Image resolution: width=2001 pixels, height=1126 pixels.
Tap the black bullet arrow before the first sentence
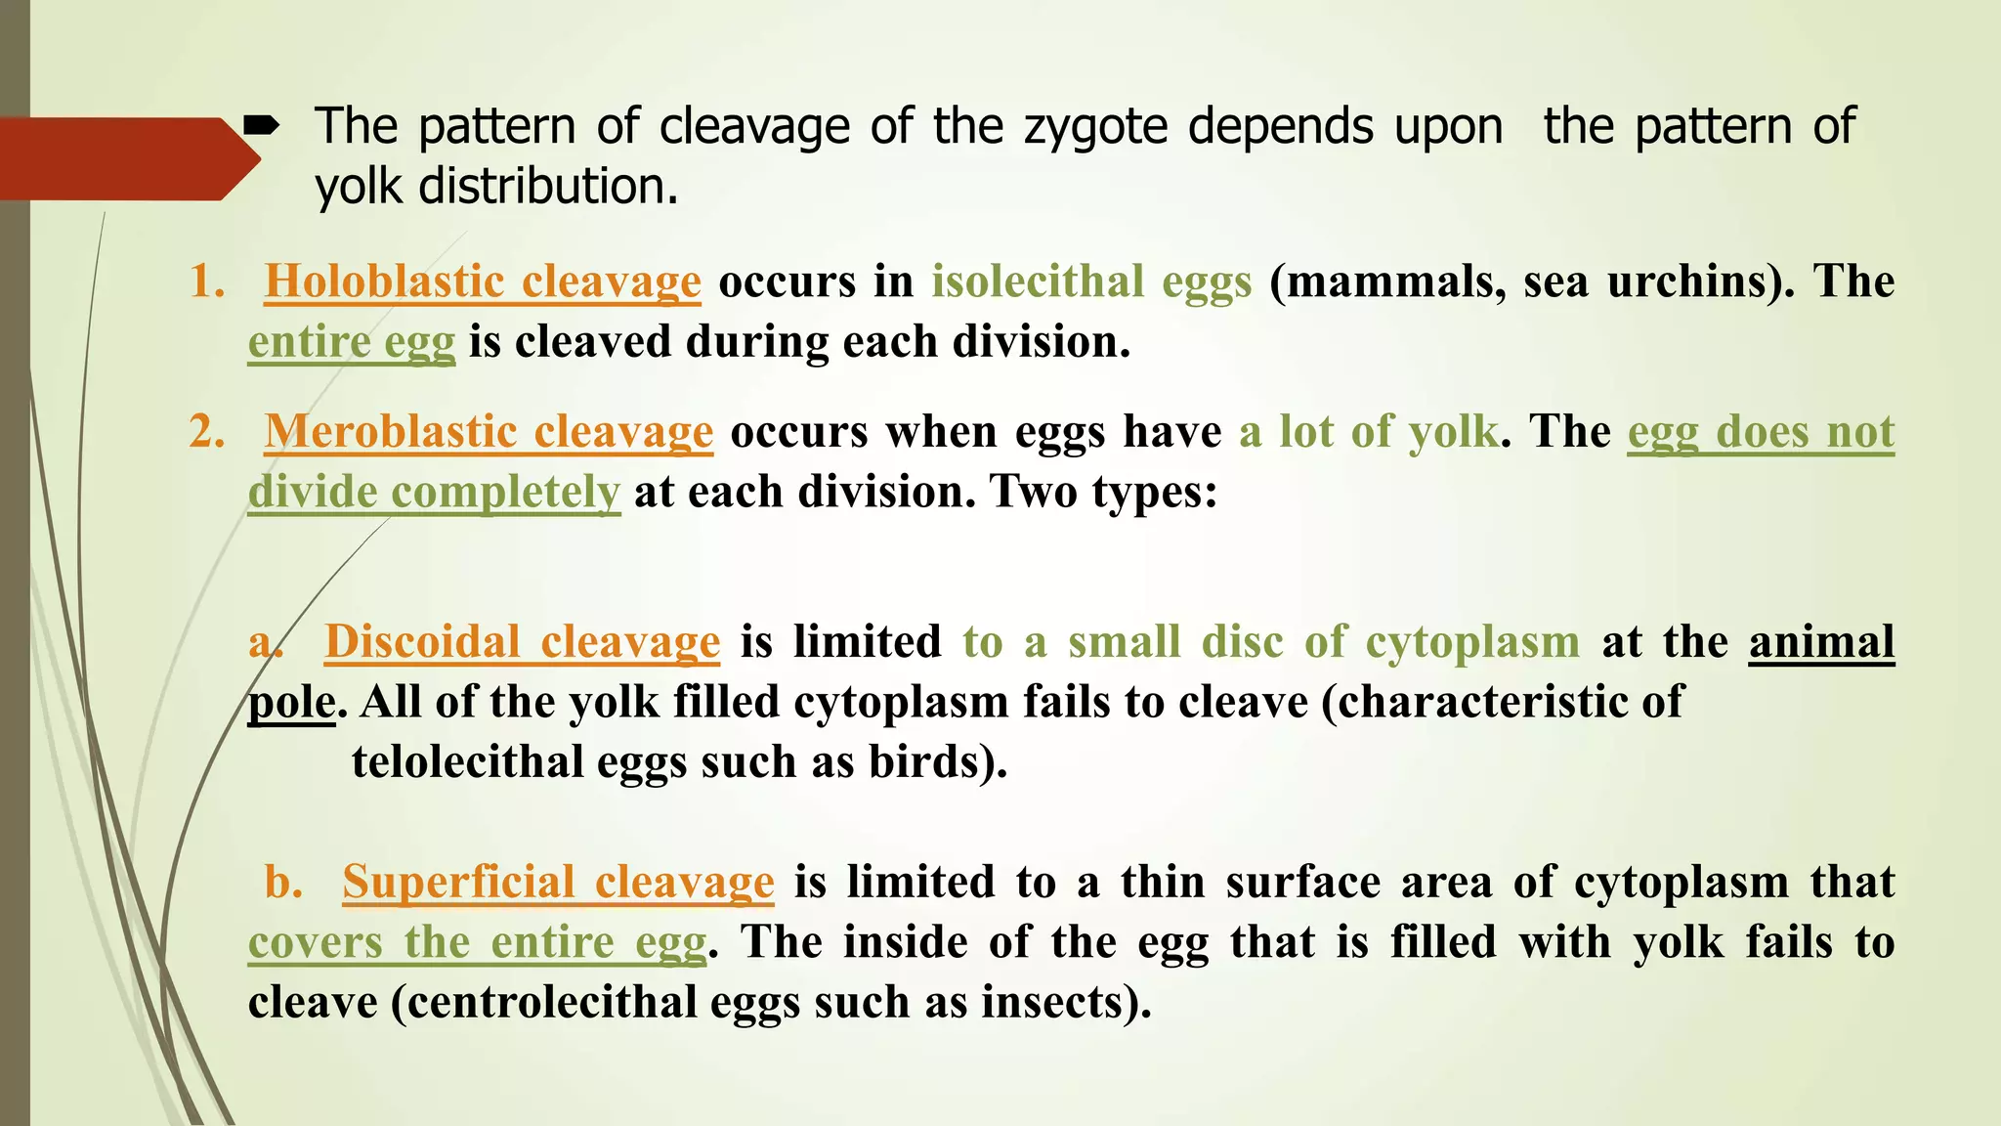coord(262,126)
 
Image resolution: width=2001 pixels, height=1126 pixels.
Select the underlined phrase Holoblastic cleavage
coord(483,281)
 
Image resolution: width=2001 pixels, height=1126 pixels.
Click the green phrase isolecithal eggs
coord(1091,281)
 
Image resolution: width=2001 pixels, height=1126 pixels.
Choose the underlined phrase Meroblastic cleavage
coord(489,431)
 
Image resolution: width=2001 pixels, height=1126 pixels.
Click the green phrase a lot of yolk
coord(1368,431)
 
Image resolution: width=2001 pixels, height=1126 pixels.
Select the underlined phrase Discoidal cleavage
coord(523,642)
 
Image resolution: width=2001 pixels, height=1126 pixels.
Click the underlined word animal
coord(1821,642)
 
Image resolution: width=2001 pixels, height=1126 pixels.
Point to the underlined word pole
coord(291,703)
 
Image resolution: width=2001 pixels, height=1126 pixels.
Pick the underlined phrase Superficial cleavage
coord(558,882)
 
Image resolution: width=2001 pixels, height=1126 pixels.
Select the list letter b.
coord(283,882)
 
